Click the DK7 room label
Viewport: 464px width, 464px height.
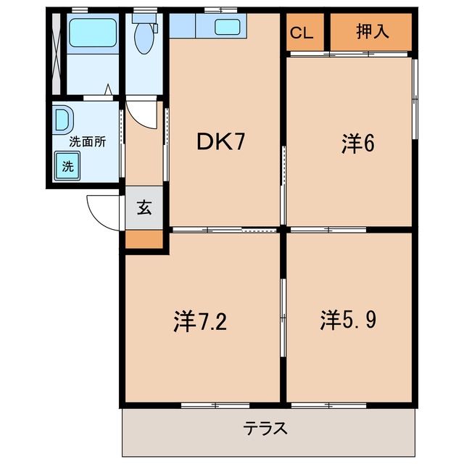tap(220, 142)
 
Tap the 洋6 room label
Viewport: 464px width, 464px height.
tap(358, 144)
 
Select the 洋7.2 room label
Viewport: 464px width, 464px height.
tap(200, 321)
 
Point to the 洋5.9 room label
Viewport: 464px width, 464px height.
tap(348, 320)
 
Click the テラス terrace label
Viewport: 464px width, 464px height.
tap(265, 428)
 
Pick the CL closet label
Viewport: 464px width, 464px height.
tap(302, 33)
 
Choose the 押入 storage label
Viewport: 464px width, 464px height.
tap(373, 31)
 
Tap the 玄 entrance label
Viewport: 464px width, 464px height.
tap(144, 207)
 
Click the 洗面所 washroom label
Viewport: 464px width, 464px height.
tap(88, 142)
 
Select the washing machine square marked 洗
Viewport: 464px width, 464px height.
tap(67, 166)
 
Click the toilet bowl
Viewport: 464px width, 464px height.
tap(144, 37)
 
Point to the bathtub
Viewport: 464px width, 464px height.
tap(93, 33)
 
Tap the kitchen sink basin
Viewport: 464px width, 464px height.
tap(227, 28)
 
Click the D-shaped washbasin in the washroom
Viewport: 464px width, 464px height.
tap(63, 119)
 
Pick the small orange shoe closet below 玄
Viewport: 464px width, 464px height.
tap(144, 239)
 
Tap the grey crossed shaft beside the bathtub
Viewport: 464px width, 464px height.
tap(57, 54)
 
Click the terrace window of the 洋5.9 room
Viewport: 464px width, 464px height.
tap(328, 405)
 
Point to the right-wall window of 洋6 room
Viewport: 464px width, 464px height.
tap(415, 99)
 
